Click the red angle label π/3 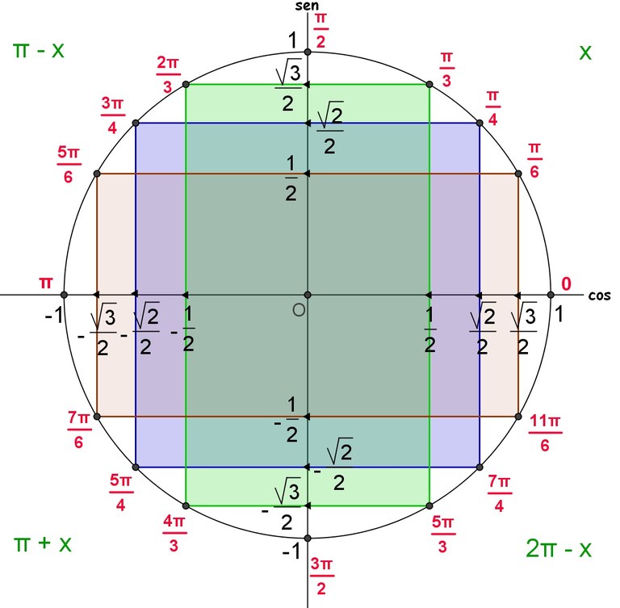point(446,69)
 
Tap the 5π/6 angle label point(69,165)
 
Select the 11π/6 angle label point(545,433)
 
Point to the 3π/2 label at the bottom point(321,576)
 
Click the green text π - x point(39,51)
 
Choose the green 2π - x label point(559,548)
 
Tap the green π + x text point(42,543)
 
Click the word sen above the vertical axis point(307,6)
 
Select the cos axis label point(600,296)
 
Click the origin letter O point(299,310)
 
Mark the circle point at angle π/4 point(480,123)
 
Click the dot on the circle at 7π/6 point(97,416)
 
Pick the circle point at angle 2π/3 point(186,84)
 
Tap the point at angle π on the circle point(65,295)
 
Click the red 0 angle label point(567,283)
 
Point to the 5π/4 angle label point(121,493)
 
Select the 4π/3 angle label point(174,533)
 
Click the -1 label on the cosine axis point(54,315)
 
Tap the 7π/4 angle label point(500,493)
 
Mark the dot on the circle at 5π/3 point(429,505)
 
